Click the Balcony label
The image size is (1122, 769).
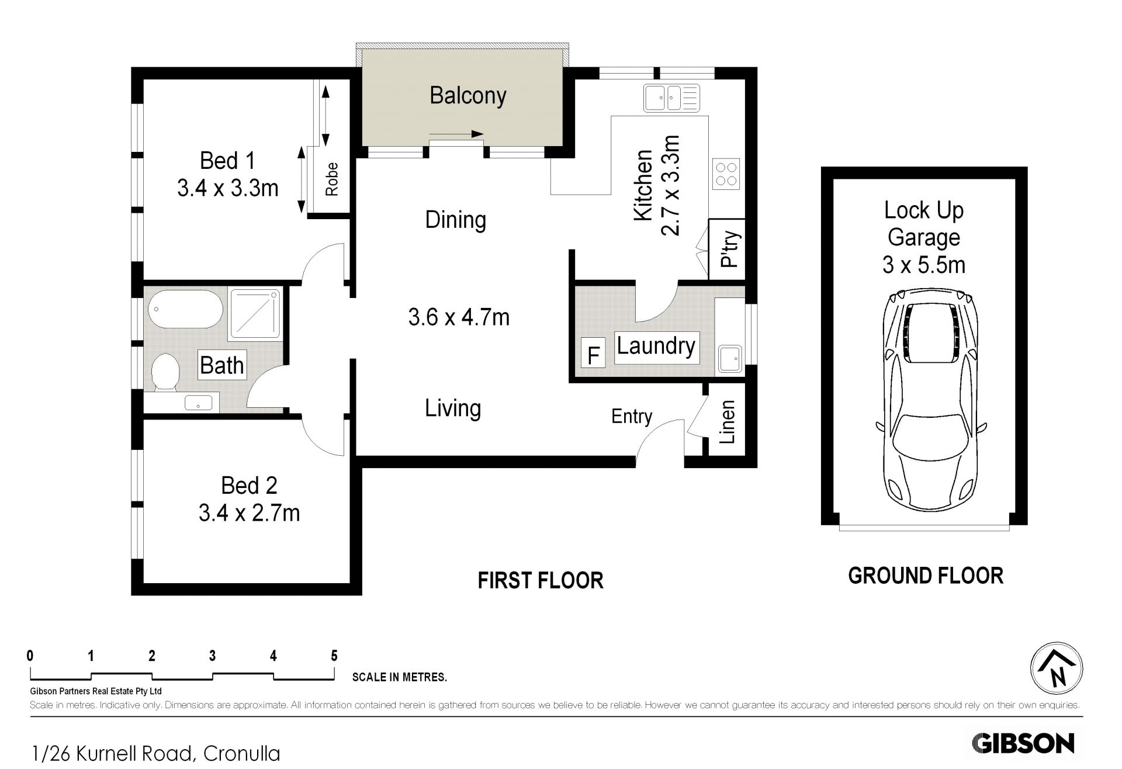coord(467,95)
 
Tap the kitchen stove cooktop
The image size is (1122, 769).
coord(726,174)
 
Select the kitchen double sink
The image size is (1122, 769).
coord(671,98)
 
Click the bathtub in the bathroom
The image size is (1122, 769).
coord(185,310)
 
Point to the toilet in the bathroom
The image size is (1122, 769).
coord(165,372)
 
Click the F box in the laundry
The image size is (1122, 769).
coord(594,355)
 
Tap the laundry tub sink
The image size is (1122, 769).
coord(729,358)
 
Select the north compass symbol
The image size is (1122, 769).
coord(1056,668)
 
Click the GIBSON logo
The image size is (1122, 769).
coord(1023,743)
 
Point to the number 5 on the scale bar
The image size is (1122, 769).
coord(334,656)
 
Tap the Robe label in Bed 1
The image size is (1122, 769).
coord(332,179)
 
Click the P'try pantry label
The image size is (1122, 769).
coord(729,249)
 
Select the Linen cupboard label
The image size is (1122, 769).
coord(726,422)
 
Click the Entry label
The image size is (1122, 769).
coord(632,416)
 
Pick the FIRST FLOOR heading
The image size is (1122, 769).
coord(541,580)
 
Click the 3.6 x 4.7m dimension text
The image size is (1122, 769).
coord(459,317)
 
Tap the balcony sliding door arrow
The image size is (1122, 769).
coord(456,134)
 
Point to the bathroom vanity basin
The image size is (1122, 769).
coord(199,403)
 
